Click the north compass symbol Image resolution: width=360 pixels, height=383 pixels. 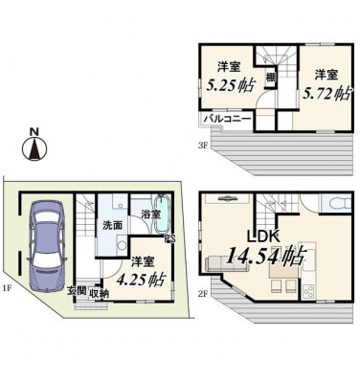click(34, 146)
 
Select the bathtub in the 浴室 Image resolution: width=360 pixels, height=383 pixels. click(162, 215)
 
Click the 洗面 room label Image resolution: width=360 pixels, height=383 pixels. click(112, 225)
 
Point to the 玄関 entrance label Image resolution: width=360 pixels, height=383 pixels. click(77, 290)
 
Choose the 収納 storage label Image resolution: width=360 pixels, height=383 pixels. click(99, 293)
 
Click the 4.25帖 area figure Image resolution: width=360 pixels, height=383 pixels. click(141, 280)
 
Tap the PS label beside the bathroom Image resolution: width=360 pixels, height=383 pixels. click(170, 239)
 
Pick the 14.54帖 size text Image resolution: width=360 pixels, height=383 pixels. click(266, 256)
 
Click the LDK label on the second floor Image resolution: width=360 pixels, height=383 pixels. click(264, 237)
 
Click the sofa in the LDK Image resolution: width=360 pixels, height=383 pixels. click(228, 264)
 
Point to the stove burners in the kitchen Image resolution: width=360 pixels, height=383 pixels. click(309, 291)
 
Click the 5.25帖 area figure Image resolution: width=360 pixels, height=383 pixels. click(231, 85)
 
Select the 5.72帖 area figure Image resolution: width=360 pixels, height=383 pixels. click(326, 94)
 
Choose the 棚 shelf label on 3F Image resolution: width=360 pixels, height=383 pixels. click(271, 78)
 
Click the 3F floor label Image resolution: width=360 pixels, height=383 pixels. click(203, 146)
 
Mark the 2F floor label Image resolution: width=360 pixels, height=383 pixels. click(203, 294)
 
